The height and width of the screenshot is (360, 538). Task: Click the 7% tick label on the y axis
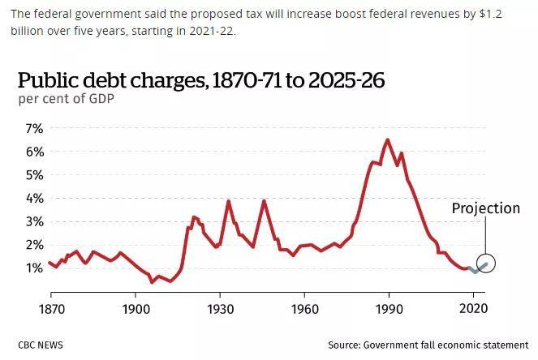point(34,129)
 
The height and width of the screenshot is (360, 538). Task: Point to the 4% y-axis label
point(34,199)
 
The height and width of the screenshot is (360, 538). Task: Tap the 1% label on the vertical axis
point(34,268)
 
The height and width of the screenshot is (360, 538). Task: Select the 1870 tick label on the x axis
point(51,309)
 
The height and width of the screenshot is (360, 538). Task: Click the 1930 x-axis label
point(220,309)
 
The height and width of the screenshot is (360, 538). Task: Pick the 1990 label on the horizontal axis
point(389,309)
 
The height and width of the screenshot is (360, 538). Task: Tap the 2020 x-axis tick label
point(474,309)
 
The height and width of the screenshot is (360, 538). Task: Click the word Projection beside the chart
point(486,208)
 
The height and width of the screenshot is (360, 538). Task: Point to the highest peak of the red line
point(387,140)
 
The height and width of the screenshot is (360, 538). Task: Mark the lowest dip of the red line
point(152,282)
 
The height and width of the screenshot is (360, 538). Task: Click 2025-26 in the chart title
point(346,80)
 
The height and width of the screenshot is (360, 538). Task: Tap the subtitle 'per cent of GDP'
point(67,99)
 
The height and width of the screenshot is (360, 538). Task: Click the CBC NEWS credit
point(41,345)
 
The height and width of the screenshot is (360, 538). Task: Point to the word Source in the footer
point(344,345)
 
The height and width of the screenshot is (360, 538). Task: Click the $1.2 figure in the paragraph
point(490,15)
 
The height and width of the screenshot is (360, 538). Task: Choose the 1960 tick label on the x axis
point(304,309)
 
